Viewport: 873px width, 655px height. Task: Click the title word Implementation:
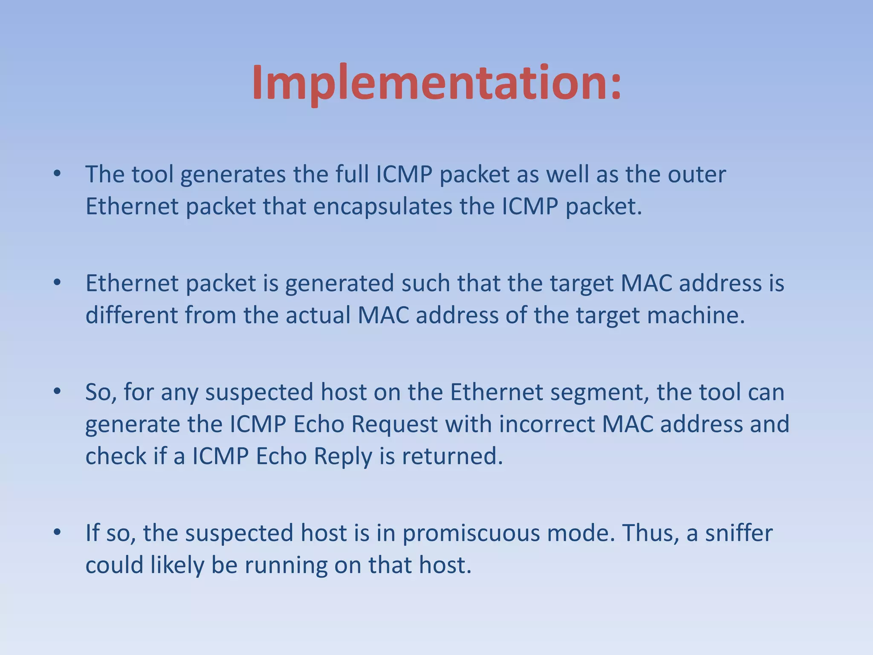click(436, 83)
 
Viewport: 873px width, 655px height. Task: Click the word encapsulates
click(383, 207)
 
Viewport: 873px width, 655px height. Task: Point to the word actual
click(318, 316)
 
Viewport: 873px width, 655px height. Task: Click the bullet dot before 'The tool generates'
click(57, 174)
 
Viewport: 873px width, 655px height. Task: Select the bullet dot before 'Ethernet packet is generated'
click(57, 282)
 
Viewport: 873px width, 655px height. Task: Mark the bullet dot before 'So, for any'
click(57, 391)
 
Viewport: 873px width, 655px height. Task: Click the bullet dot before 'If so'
click(57, 532)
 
